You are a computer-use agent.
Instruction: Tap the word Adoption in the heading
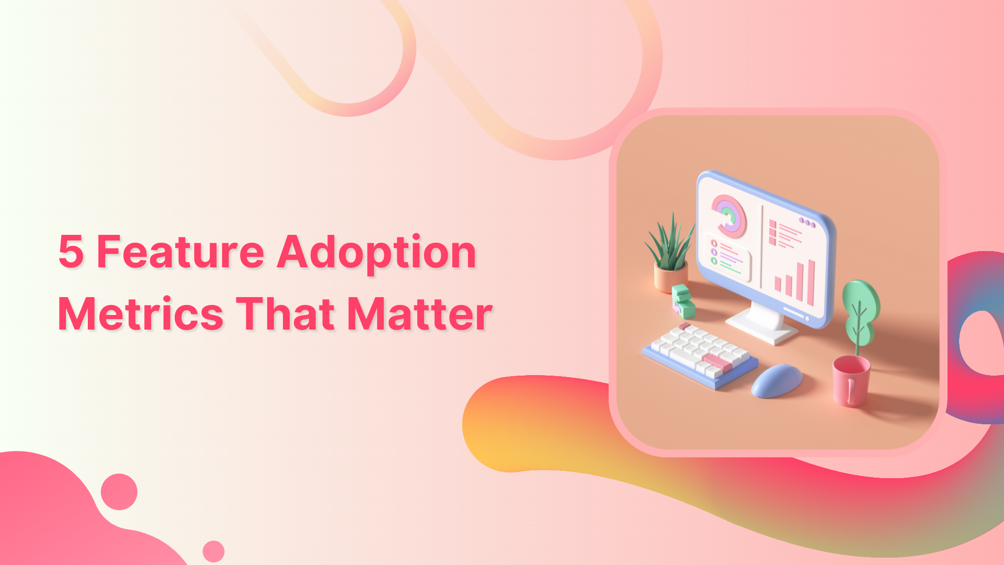point(376,253)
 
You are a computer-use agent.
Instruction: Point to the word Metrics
point(141,314)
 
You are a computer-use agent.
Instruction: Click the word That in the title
point(286,314)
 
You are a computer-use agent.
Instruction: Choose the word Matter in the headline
point(420,314)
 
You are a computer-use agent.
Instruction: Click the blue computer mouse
point(777,380)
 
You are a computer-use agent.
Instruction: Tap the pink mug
point(851,380)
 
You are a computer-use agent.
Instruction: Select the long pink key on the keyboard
point(718,362)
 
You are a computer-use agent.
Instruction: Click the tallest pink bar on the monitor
point(811,282)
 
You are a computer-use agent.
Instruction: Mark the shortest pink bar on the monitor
point(778,284)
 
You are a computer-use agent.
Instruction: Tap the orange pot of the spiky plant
point(670,277)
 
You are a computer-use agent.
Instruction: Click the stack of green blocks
point(683,301)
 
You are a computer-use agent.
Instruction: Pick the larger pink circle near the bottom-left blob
point(119,492)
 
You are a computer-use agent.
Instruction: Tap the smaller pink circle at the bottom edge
point(213,551)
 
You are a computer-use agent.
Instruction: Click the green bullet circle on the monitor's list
point(714,261)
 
